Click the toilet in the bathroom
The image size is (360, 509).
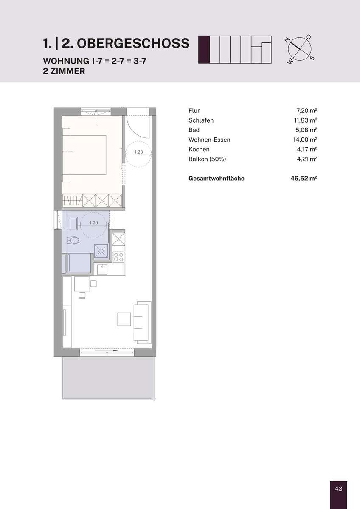pos(73,240)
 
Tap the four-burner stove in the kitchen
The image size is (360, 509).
pos(119,257)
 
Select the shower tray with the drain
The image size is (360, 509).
pos(101,251)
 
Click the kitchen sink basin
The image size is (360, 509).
pos(102,269)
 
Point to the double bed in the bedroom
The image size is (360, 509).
pos(84,155)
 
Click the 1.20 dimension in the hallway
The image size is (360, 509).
pos(138,152)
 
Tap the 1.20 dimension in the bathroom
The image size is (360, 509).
pos(93,223)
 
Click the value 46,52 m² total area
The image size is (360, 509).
pos(304,178)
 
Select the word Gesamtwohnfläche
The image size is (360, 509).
pos(216,179)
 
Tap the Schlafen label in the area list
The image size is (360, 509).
pos(201,120)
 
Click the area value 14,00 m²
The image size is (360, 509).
pos(305,140)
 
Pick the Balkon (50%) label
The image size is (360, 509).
pos(207,159)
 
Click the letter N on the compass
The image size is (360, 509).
pos(287,41)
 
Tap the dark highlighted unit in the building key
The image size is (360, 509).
pos(204,50)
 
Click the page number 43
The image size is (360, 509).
pos(339,488)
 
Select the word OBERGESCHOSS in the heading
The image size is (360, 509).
pos(133,43)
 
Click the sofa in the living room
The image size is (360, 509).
pos(143,322)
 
